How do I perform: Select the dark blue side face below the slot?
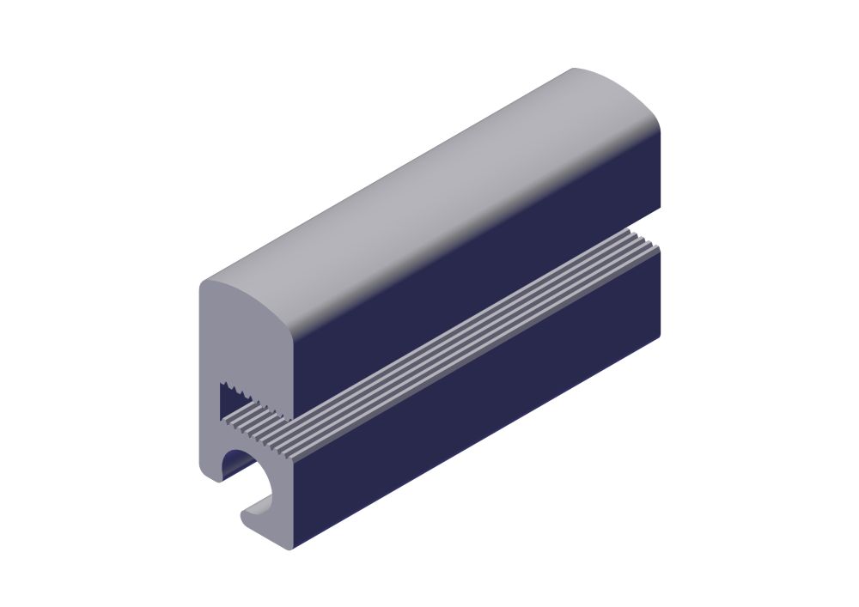481,404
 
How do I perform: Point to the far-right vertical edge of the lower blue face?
662,292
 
